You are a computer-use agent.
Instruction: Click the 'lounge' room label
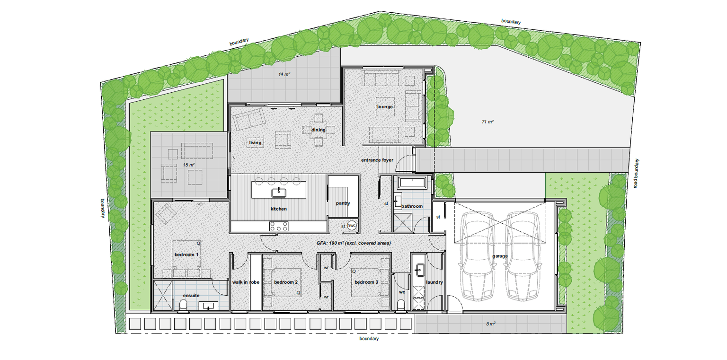[x=385, y=107]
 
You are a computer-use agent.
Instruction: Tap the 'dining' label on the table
[x=319, y=130]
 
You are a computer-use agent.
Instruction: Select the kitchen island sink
[x=279, y=193]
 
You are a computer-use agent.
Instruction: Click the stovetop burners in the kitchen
[x=279, y=226]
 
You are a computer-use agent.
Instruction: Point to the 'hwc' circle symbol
[x=352, y=225]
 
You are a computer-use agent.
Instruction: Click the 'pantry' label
[x=343, y=203]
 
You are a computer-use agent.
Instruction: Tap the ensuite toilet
[x=183, y=306]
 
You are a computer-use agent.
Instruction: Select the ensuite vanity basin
[x=208, y=306]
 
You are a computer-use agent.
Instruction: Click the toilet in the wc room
[x=401, y=305]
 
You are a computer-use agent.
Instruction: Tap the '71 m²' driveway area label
[x=488, y=122]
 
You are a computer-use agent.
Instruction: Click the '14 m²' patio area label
[x=284, y=74]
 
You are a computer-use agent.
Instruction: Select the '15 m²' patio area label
[x=188, y=165]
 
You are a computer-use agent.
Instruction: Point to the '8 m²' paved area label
[x=491, y=324]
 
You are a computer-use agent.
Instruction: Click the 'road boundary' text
[x=636, y=173]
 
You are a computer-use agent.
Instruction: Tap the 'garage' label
[x=500, y=256]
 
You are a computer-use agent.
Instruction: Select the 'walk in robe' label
[x=246, y=282]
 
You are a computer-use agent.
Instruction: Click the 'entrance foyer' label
[x=377, y=160]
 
